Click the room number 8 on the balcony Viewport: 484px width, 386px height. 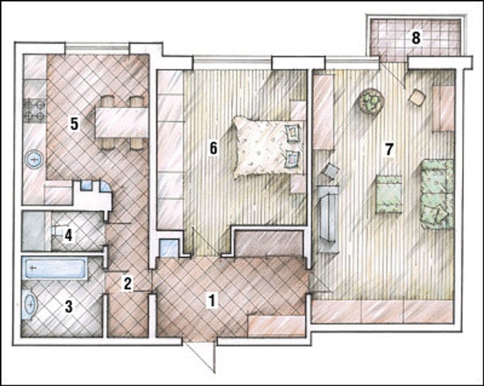point(416,38)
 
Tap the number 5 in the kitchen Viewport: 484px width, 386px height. point(74,124)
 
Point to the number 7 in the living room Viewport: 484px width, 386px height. point(389,149)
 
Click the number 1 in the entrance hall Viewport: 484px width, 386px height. point(212,300)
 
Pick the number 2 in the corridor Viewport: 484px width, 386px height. point(128,283)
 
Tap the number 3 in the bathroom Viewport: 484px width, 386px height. point(69,307)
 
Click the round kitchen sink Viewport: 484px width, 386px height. point(35,160)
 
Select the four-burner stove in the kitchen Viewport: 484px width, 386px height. point(35,110)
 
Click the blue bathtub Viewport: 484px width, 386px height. point(55,268)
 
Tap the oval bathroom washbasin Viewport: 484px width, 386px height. point(30,305)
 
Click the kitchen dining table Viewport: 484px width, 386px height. point(121,122)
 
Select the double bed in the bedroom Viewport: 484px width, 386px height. point(268,147)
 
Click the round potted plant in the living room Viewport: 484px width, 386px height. point(371,101)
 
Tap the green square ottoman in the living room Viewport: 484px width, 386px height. point(389,194)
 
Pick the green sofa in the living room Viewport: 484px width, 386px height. point(437,194)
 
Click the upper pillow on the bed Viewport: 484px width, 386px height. point(293,133)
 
